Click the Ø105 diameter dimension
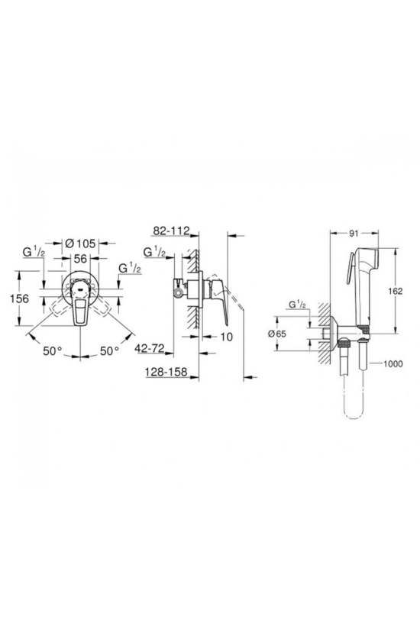(80, 243)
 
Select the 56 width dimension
(80, 259)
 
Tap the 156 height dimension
(19, 298)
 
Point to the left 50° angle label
(53, 351)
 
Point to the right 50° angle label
(109, 351)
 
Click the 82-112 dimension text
(171, 231)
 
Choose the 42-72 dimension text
(150, 349)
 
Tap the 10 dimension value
(226, 337)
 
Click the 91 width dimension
(354, 234)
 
